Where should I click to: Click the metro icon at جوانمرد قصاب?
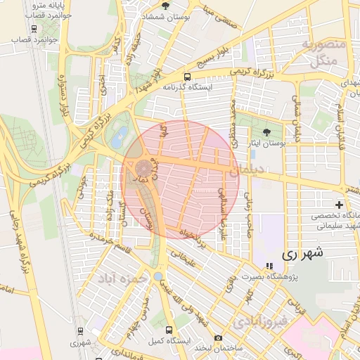34,29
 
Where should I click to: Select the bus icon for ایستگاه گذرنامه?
186,77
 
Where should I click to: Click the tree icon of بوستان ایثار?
266,131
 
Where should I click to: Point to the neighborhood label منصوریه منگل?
324,53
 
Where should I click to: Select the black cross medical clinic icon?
339,204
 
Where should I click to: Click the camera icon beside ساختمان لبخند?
219,338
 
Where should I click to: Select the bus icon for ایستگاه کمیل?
169,329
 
